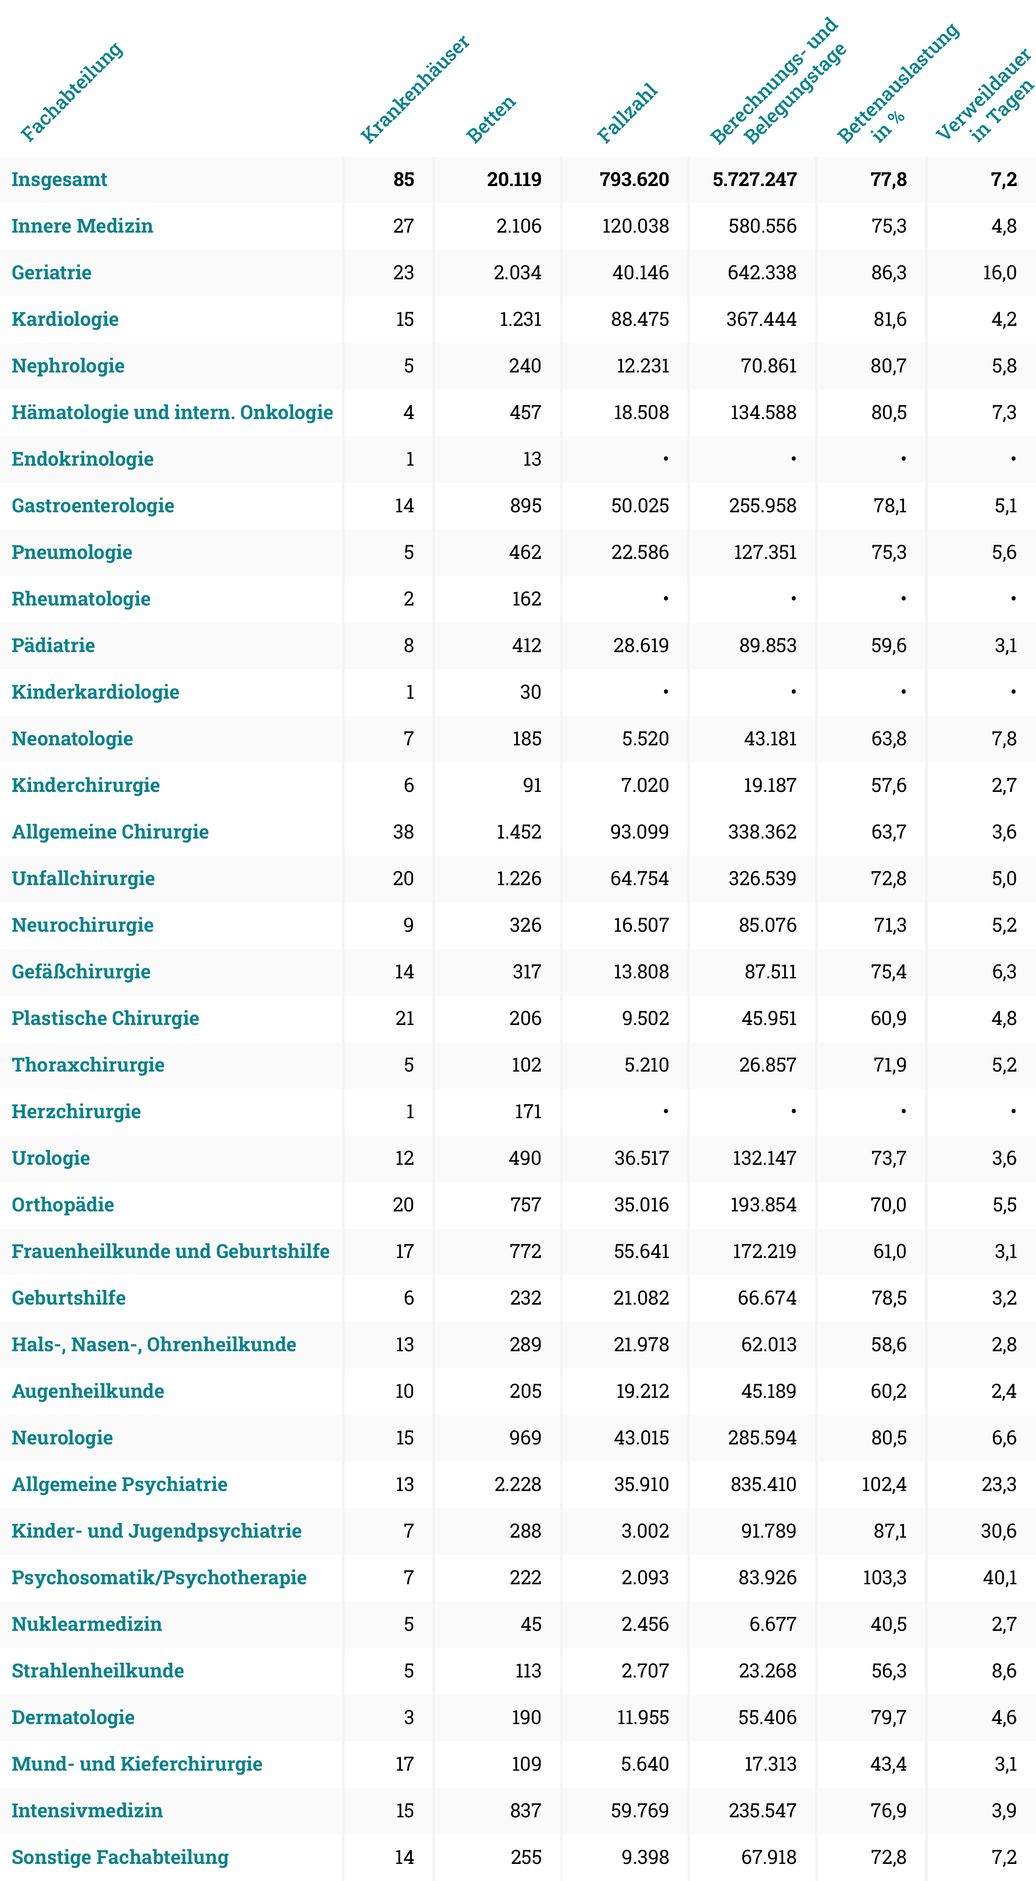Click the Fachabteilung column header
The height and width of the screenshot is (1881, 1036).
[71, 92]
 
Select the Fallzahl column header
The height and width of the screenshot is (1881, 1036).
[627, 113]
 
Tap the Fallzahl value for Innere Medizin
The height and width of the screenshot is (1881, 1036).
[635, 226]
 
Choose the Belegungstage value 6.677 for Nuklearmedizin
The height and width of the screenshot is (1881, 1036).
[773, 1624]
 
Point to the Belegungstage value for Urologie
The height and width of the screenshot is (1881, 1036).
[764, 1158]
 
